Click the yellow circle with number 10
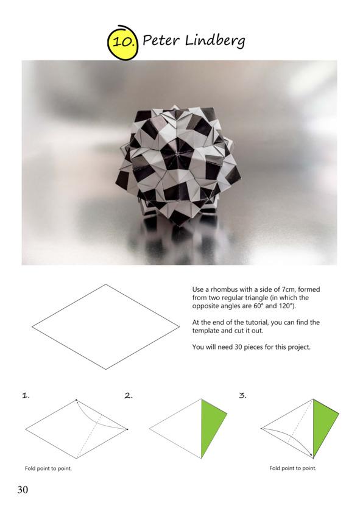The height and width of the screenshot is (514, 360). [122, 43]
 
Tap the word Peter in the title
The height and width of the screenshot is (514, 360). [161, 41]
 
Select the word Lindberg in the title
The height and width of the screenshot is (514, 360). [215, 41]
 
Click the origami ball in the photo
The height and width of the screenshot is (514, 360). [178, 166]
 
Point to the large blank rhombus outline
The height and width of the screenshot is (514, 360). [105, 326]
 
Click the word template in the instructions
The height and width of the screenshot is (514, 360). [205, 331]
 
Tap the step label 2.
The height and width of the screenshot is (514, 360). [129, 396]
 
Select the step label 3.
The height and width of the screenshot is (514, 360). [242, 396]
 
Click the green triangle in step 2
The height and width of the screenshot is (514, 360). [211, 424]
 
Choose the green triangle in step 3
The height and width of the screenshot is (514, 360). [323, 424]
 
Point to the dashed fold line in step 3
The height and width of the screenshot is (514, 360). [301, 421]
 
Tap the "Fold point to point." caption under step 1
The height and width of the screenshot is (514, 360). [48, 468]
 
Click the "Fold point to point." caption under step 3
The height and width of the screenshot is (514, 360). [293, 468]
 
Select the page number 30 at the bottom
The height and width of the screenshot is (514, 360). [23, 490]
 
